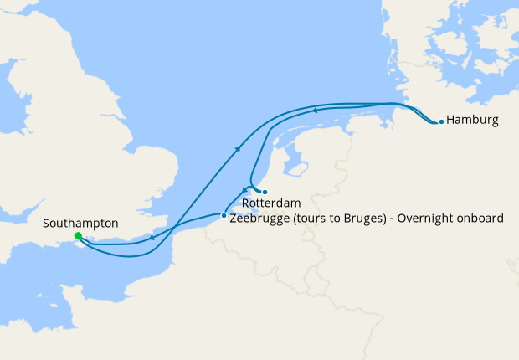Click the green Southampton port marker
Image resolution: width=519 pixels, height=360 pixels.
tap(77, 236)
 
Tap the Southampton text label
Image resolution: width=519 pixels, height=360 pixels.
tap(80, 224)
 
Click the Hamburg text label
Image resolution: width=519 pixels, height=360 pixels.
tap(472, 121)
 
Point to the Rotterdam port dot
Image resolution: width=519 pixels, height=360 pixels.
tap(265, 192)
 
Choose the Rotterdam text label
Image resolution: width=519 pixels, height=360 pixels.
tap(271, 203)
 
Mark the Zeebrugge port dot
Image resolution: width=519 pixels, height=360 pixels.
tap(223, 216)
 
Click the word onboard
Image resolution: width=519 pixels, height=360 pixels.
tap(481, 219)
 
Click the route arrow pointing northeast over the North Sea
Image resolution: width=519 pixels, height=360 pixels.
tap(239, 149)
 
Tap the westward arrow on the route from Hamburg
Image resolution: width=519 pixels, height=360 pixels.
tap(315, 109)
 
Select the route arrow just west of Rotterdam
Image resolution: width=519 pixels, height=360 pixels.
tap(244, 189)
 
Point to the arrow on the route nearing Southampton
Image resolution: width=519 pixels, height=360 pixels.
tap(152, 239)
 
